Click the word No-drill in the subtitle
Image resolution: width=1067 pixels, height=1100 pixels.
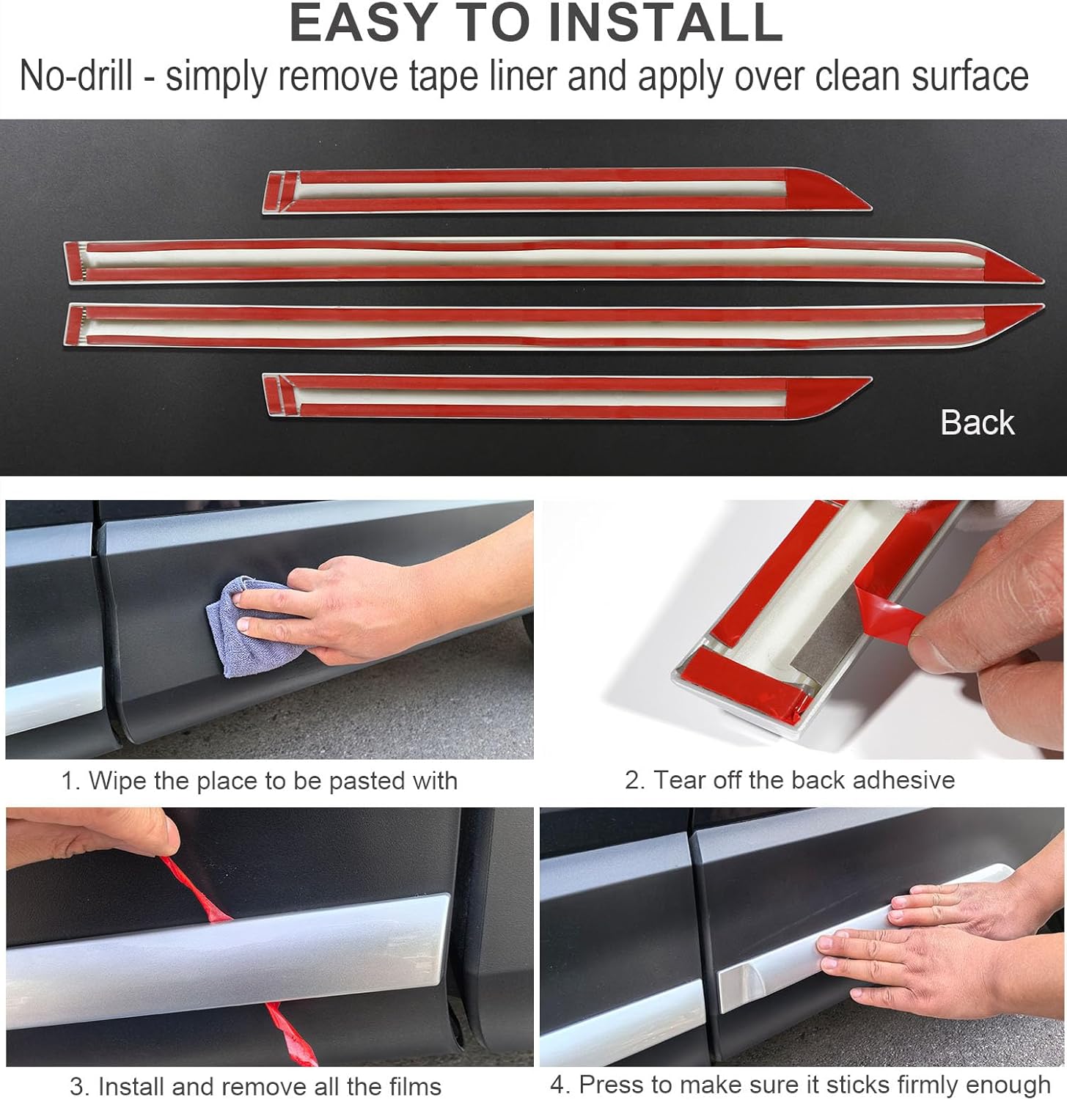point(76,76)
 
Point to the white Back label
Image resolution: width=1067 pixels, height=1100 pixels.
point(977,423)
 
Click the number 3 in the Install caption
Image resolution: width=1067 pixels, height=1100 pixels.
point(76,1086)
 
